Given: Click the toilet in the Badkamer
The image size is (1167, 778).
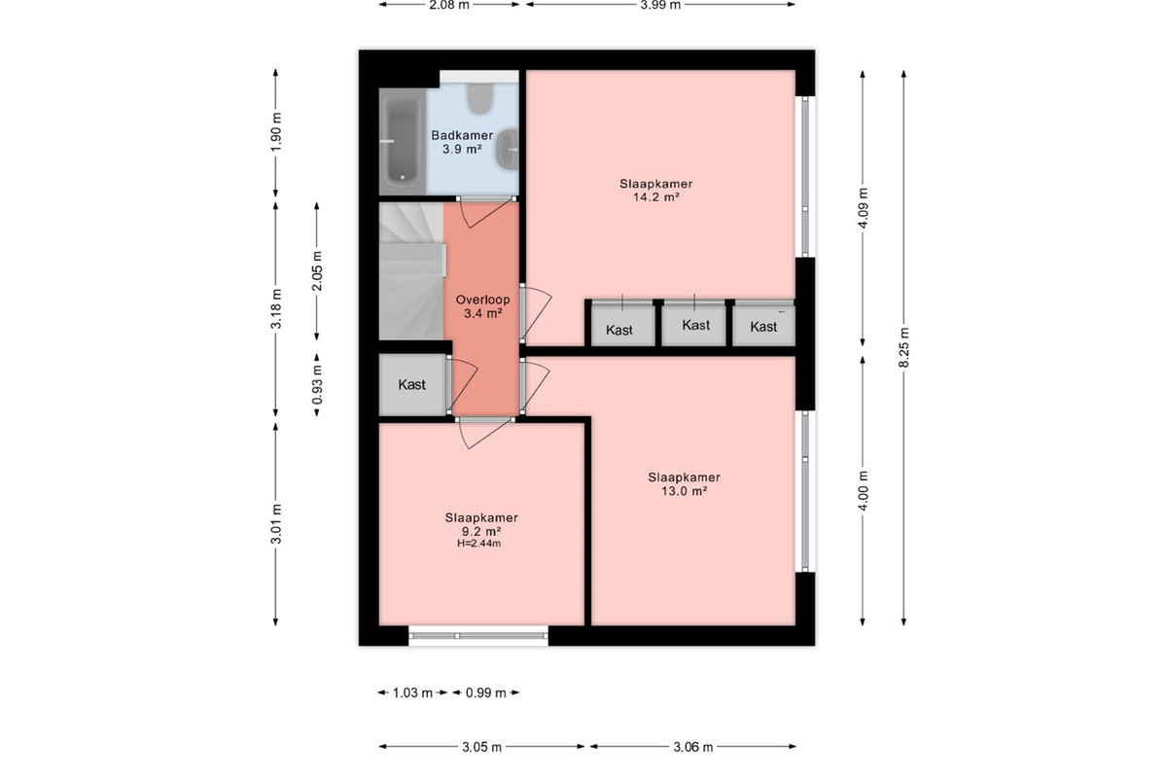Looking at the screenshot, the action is click(x=479, y=98).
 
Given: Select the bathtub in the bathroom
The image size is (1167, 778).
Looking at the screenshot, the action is click(x=403, y=141).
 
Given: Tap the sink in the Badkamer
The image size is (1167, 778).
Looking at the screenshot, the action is click(x=507, y=149).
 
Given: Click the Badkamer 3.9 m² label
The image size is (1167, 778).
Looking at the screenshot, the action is click(x=462, y=142).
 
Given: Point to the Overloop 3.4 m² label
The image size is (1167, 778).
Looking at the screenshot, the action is click(x=483, y=306).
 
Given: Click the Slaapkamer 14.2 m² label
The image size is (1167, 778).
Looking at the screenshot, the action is click(x=655, y=191).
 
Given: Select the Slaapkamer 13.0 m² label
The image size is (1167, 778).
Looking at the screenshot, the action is click(x=684, y=483).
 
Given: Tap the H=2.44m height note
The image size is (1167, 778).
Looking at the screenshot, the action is click(x=479, y=544).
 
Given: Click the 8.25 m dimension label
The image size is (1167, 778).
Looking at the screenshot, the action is click(x=903, y=347).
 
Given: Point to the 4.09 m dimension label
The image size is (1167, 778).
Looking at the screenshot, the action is click(x=863, y=208).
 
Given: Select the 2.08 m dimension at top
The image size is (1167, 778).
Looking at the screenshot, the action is click(x=449, y=5).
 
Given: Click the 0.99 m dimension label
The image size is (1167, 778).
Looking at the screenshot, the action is click(x=486, y=692).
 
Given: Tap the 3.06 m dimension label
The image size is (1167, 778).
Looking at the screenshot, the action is click(x=692, y=747).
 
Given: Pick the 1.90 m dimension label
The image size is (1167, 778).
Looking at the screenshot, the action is click(x=276, y=132).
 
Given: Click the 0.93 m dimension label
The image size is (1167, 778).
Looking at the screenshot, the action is click(x=317, y=384).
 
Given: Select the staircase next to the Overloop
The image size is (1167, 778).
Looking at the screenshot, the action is click(x=411, y=271).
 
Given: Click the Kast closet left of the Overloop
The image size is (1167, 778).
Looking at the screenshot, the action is click(x=412, y=384).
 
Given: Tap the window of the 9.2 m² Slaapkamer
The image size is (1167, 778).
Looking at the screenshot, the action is click(x=478, y=636).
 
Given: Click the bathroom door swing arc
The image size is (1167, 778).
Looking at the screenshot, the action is click(x=484, y=215).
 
